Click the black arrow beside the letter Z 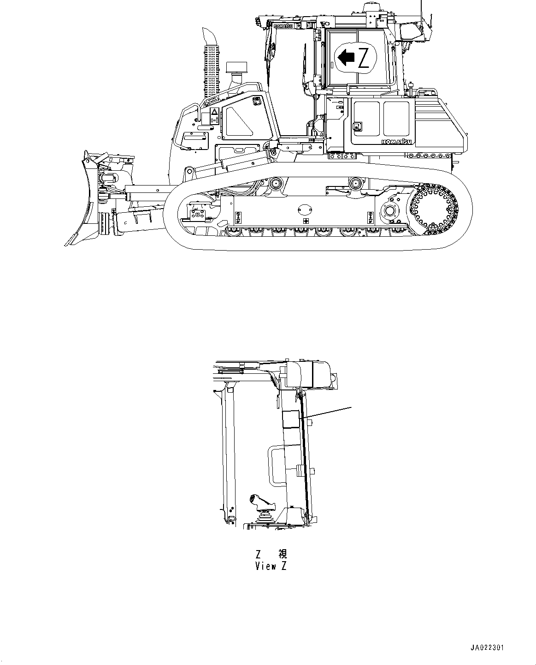(x=346, y=58)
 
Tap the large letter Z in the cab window (x=364, y=58)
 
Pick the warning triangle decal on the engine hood (x=214, y=112)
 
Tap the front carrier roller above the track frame (x=276, y=183)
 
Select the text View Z (x=271, y=566)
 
